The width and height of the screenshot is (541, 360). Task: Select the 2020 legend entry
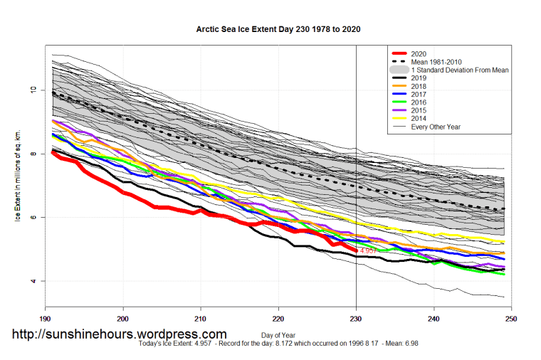click(x=421, y=54)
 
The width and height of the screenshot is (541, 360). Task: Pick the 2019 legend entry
click(x=421, y=78)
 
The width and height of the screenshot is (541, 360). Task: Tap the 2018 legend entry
click(x=421, y=86)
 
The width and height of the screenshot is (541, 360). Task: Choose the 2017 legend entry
click(x=421, y=94)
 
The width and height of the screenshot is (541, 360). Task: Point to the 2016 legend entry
click(x=421, y=102)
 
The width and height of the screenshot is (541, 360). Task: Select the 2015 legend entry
click(x=421, y=110)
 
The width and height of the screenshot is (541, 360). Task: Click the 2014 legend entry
click(x=421, y=118)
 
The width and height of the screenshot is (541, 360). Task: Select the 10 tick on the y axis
click(x=33, y=90)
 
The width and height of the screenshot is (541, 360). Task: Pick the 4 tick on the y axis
click(x=33, y=281)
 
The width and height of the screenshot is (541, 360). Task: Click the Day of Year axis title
click(x=278, y=334)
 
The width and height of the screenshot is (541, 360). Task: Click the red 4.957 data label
click(x=368, y=251)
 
